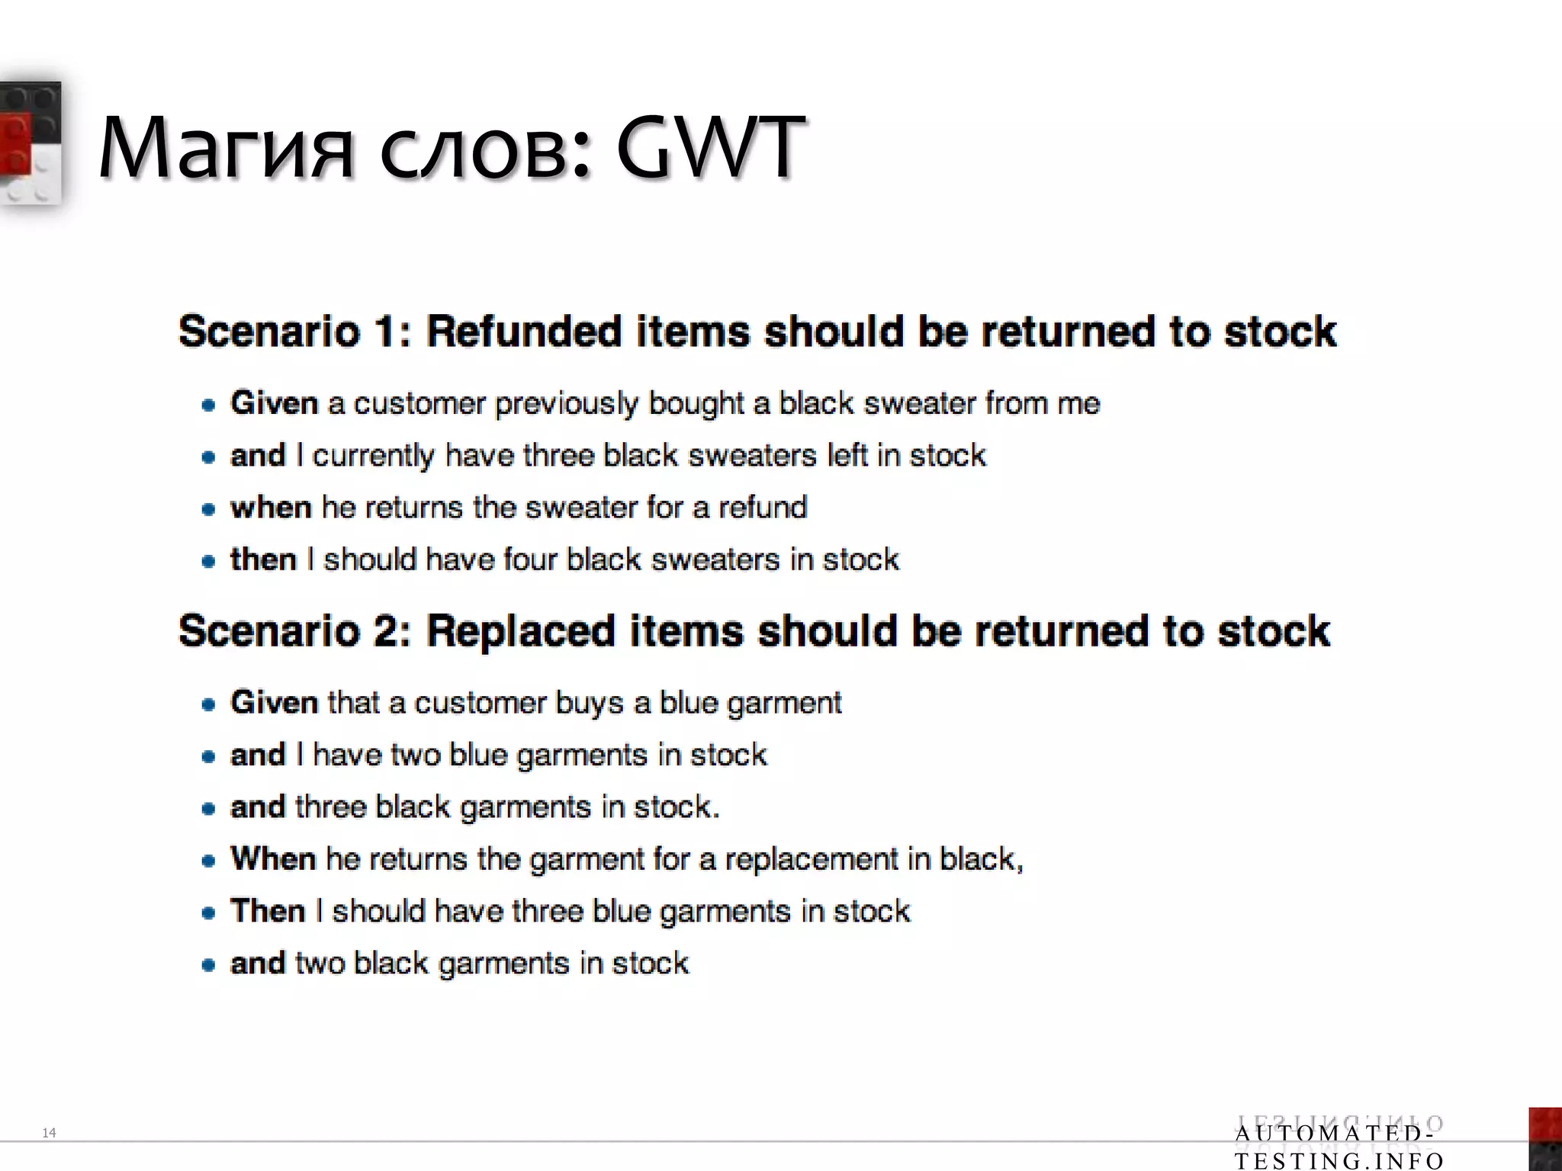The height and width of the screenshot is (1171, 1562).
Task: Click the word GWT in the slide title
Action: coord(709,146)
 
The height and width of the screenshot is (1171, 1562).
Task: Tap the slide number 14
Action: coord(49,1133)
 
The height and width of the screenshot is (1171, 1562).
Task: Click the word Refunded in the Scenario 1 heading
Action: coord(523,332)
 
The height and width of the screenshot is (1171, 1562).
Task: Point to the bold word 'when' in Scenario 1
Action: coord(271,508)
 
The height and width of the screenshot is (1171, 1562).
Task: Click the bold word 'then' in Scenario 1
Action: coord(263,560)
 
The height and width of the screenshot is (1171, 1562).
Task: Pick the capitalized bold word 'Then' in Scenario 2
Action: coord(268,911)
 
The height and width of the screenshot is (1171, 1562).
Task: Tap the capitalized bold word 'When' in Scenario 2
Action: coord(273,859)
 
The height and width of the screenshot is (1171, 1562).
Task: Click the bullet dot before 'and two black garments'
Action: coord(208,964)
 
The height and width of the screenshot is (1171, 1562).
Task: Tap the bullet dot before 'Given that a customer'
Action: coord(208,704)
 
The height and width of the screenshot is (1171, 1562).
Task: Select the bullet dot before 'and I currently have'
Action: coord(208,457)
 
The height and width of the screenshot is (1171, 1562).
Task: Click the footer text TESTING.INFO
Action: coord(1339,1160)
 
